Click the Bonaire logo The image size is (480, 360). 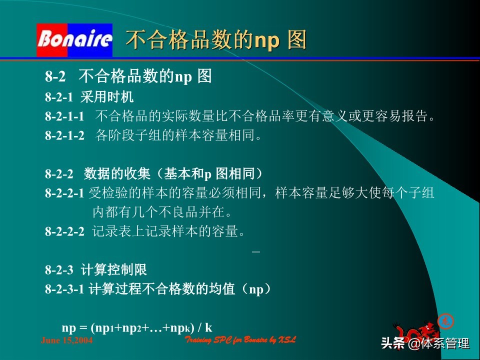point(74,40)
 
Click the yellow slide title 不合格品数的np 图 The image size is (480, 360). point(215,40)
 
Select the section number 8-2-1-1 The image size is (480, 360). point(64,116)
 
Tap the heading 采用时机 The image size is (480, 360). point(107,97)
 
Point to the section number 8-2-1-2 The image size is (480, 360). point(64,135)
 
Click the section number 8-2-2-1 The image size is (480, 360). point(64,193)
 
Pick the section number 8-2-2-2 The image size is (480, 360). point(64,231)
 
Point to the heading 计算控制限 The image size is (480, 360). point(113,270)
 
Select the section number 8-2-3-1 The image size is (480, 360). point(64,289)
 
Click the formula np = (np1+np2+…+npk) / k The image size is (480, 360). point(137,328)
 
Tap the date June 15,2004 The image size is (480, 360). point(66,340)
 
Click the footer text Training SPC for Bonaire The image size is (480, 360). point(240,340)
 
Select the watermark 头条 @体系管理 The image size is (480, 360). point(425,343)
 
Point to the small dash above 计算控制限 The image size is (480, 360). point(256,251)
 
